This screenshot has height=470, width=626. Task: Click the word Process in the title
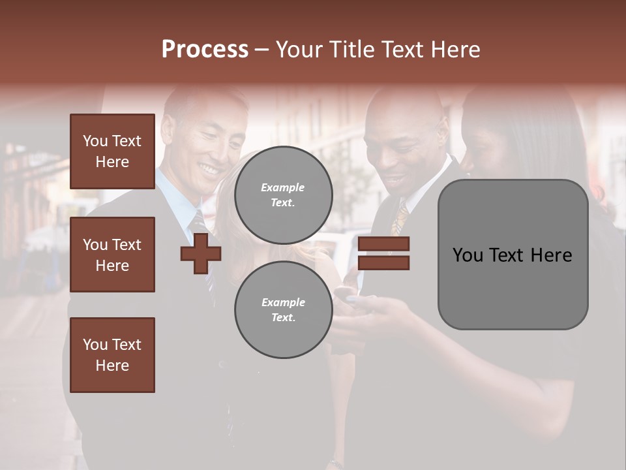[x=205, y=50]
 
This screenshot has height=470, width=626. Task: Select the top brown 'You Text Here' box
[x=112, y=151]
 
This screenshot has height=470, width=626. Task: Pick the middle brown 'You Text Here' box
[x=112, y=255]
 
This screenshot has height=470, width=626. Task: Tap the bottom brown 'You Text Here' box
[x=112, y=355]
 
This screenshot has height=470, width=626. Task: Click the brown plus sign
[x=200, y=253]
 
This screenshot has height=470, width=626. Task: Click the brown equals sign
[x=383, y=253]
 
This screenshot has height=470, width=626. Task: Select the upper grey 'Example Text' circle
[x=284, y=195]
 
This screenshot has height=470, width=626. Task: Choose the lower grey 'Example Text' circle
[x=284, y=310]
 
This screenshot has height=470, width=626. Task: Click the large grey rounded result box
[x=513, y=255]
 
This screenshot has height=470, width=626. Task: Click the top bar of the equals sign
[x=383, y=244]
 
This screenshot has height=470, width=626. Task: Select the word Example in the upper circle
[x=282, y=188]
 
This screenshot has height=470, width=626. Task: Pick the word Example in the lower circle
[x=283, y=303]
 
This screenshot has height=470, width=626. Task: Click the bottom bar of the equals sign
[x=383, y=262]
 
